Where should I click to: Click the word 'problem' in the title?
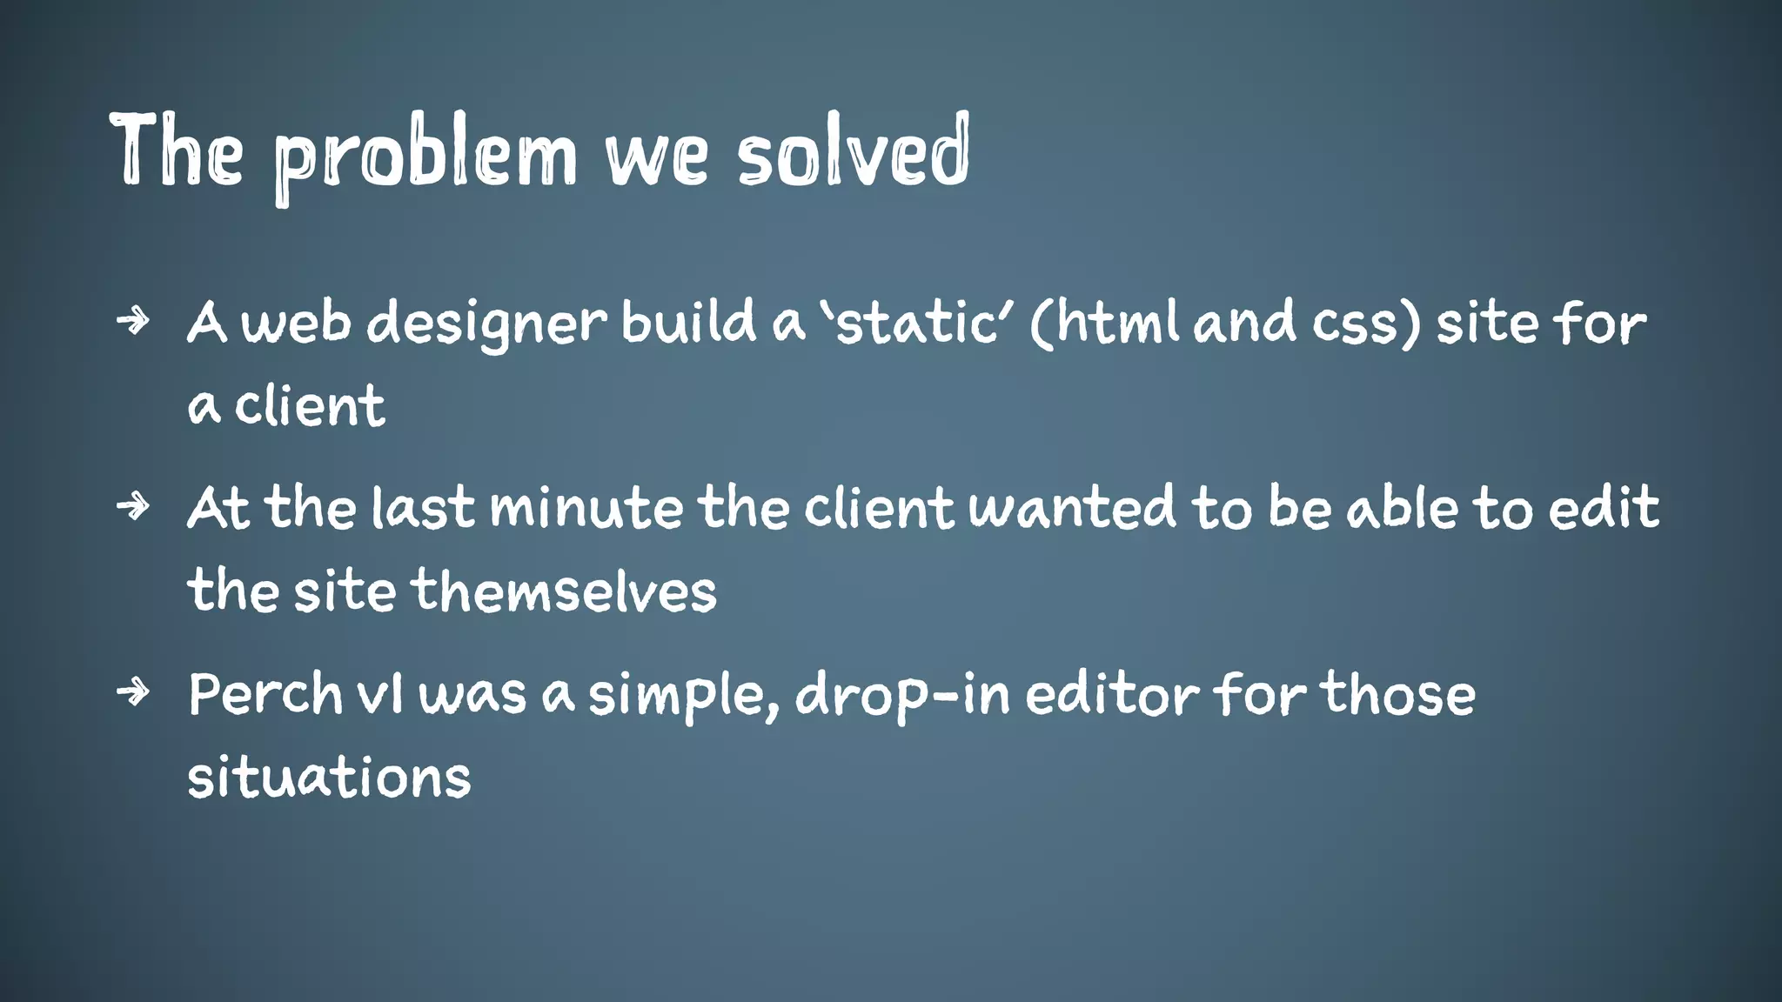point(425,157)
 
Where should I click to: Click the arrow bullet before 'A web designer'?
point(133,321)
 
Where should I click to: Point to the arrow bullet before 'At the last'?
point(133,505)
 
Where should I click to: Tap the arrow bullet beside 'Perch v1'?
point(133,692)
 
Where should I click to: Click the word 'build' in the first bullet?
point(687,321)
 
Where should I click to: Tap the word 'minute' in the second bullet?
point(586,508)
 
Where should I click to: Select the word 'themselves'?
point(564,591)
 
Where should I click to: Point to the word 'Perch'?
point(265,694)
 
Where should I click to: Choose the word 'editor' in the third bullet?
point(1113,694)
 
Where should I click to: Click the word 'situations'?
point(329,777)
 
